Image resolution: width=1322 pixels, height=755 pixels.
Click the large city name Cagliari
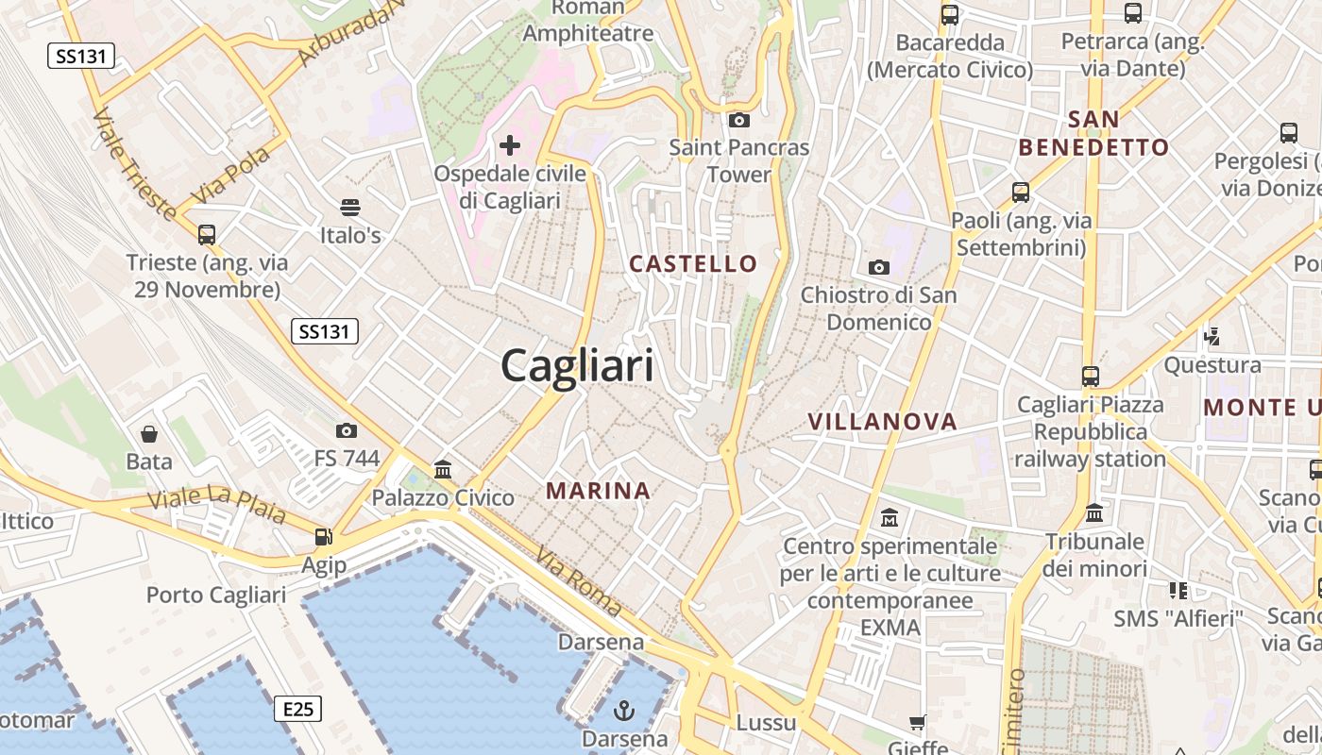tap(577, 365)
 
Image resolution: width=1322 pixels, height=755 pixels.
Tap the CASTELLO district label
tap(693, 264)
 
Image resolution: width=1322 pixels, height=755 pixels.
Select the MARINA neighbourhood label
tap(599, 491)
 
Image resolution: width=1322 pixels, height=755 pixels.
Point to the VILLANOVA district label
tap(882, 422)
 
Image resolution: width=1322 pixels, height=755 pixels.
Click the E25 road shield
tap(298, 709)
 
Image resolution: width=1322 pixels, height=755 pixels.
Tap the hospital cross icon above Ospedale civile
tap(510, 145)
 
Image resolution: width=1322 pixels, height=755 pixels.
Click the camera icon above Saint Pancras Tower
tap(739, 120)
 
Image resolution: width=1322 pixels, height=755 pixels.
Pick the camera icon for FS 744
tap(347, 430)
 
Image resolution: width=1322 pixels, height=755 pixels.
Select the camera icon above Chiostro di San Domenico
tap(879, 267)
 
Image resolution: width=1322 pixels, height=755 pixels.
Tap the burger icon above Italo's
tap(350, 207)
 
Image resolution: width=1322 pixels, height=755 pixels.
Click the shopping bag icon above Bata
tap(149, 434)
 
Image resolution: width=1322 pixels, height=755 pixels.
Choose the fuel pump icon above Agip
tap(324, 537)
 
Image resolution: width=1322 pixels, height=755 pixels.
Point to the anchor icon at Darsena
tap(624, 710)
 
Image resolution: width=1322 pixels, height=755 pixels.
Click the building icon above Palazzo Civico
tap(442, 469)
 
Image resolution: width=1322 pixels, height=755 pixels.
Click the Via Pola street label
tap(230, 176)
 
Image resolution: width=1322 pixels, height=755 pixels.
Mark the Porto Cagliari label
tap(215, 596)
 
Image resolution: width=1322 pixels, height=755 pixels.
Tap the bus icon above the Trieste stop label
tap(207, 234)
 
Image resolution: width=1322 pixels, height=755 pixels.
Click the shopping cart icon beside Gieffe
tap(917, 723)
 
